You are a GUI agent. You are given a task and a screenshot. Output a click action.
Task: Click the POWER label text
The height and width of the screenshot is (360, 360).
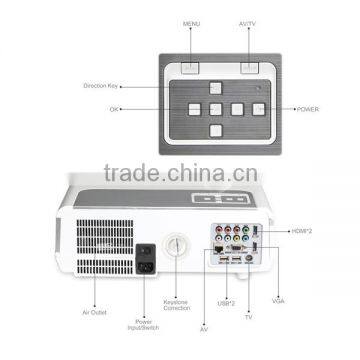pos(310,106)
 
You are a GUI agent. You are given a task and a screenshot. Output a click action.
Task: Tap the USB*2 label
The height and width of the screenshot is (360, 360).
pos(227,300)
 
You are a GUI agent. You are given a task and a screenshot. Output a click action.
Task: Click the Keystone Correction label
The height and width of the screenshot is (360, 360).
pos(177,304)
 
